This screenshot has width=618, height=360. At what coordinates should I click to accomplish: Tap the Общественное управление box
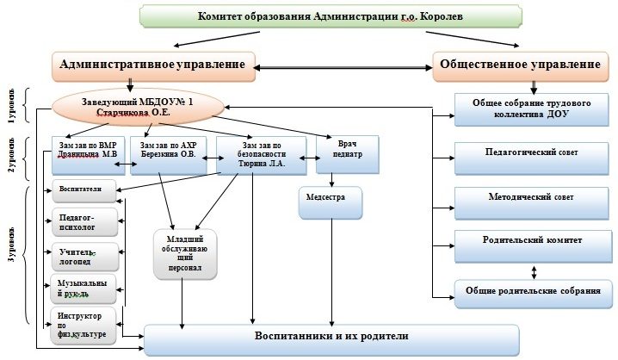tap(520, 65)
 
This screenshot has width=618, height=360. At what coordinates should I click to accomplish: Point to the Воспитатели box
tap(82, 189)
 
